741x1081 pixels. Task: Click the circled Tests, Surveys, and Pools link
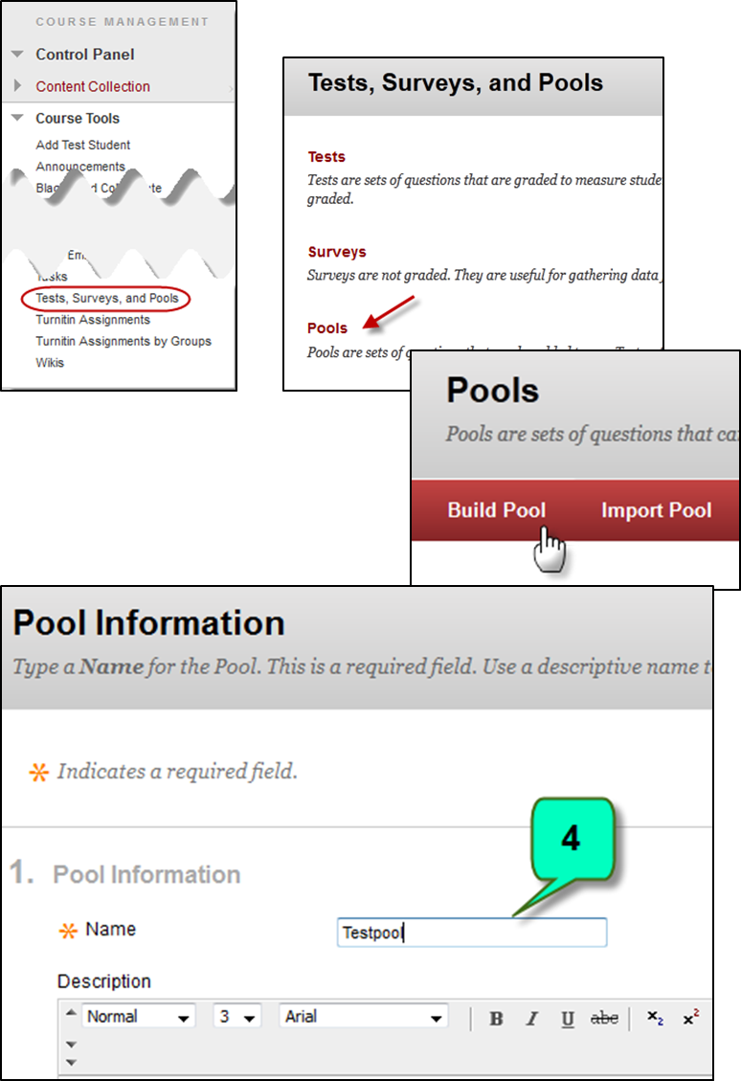pyautogui.click(x=106, y=299)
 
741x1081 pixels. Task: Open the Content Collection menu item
pyautogui.click(x=93, y=86)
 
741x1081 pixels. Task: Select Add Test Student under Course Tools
pyautogui.click(x=83, y=145)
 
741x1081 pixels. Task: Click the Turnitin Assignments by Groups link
pyautogui.click(x=123, y=341)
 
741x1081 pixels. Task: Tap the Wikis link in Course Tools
pyautogui.click(x=50, y=362)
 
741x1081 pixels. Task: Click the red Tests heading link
pyautogui.click(x=326, y=156)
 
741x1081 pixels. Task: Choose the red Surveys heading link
pyautogui.click(x=337, y=252)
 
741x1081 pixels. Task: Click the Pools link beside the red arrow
pyautogui.click(x=327, y=327)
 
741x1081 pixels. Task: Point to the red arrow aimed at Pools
pyautogui.click(x=389, y=312)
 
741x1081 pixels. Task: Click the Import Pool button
pyautogui.click(x=656, y=510)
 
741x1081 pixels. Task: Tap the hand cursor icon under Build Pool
pyautogui.click(x=550, y=553)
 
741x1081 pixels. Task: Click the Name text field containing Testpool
pyautogui.click(x=472, y=933)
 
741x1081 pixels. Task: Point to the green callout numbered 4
pyautogui.click(x=571, y=840)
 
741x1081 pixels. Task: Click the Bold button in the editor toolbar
pyautogui.click(x=496, y=1018)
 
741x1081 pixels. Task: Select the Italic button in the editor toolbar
pyautogui.click(x=532, y=1018)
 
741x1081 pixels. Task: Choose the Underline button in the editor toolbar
pyautogui.click(x=568, y=1018)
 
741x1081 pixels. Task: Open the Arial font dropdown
pyautogui.click(x=364, y=1017)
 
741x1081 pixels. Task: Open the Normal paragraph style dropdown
pyautogui.click(x=138, y=1017)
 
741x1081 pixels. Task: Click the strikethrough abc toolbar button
pyautogui.click(x=604, y=1018)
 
